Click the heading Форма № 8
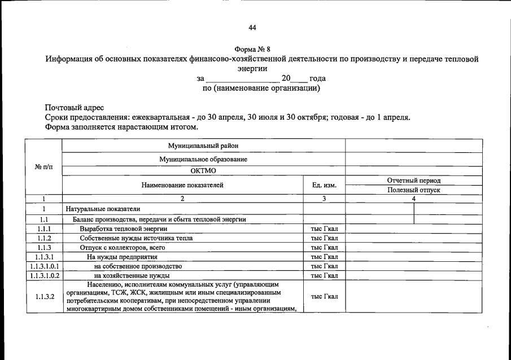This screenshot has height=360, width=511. pyautogui.click(x=255, y=49)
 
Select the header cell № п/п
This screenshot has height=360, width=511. pyautogui.click(x=43, y=167)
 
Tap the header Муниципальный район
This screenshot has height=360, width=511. pyautogui.click(x=203, y=146)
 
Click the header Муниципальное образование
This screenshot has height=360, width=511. pyautogui.click(x=203, y=159)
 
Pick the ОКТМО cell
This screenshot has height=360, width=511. pyautogui.click(x=203, y=171)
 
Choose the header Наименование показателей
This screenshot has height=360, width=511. pyautogui.click(x=182, y=185)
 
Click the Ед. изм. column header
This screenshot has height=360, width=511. pyautogui.click(x=324, y=185)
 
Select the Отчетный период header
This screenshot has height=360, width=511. pyautogui.click(x=413, y=181)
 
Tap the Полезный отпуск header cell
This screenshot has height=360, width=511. pyautogui.click(x=413, y=190)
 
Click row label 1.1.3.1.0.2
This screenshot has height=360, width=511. pyautogui.click(x=43, y=275)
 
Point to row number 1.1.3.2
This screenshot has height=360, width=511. pyautogui.click(x=43, y=296)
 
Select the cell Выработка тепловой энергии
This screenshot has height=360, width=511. pyautogui.click(x=123, y=229)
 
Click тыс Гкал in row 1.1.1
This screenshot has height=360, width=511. pyautogui.click(x=324, y=229)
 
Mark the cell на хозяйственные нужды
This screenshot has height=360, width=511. pyautogui.click(x=132, y=275)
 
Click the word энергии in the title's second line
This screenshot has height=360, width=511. pyautogui.click(x=255, y=69)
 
